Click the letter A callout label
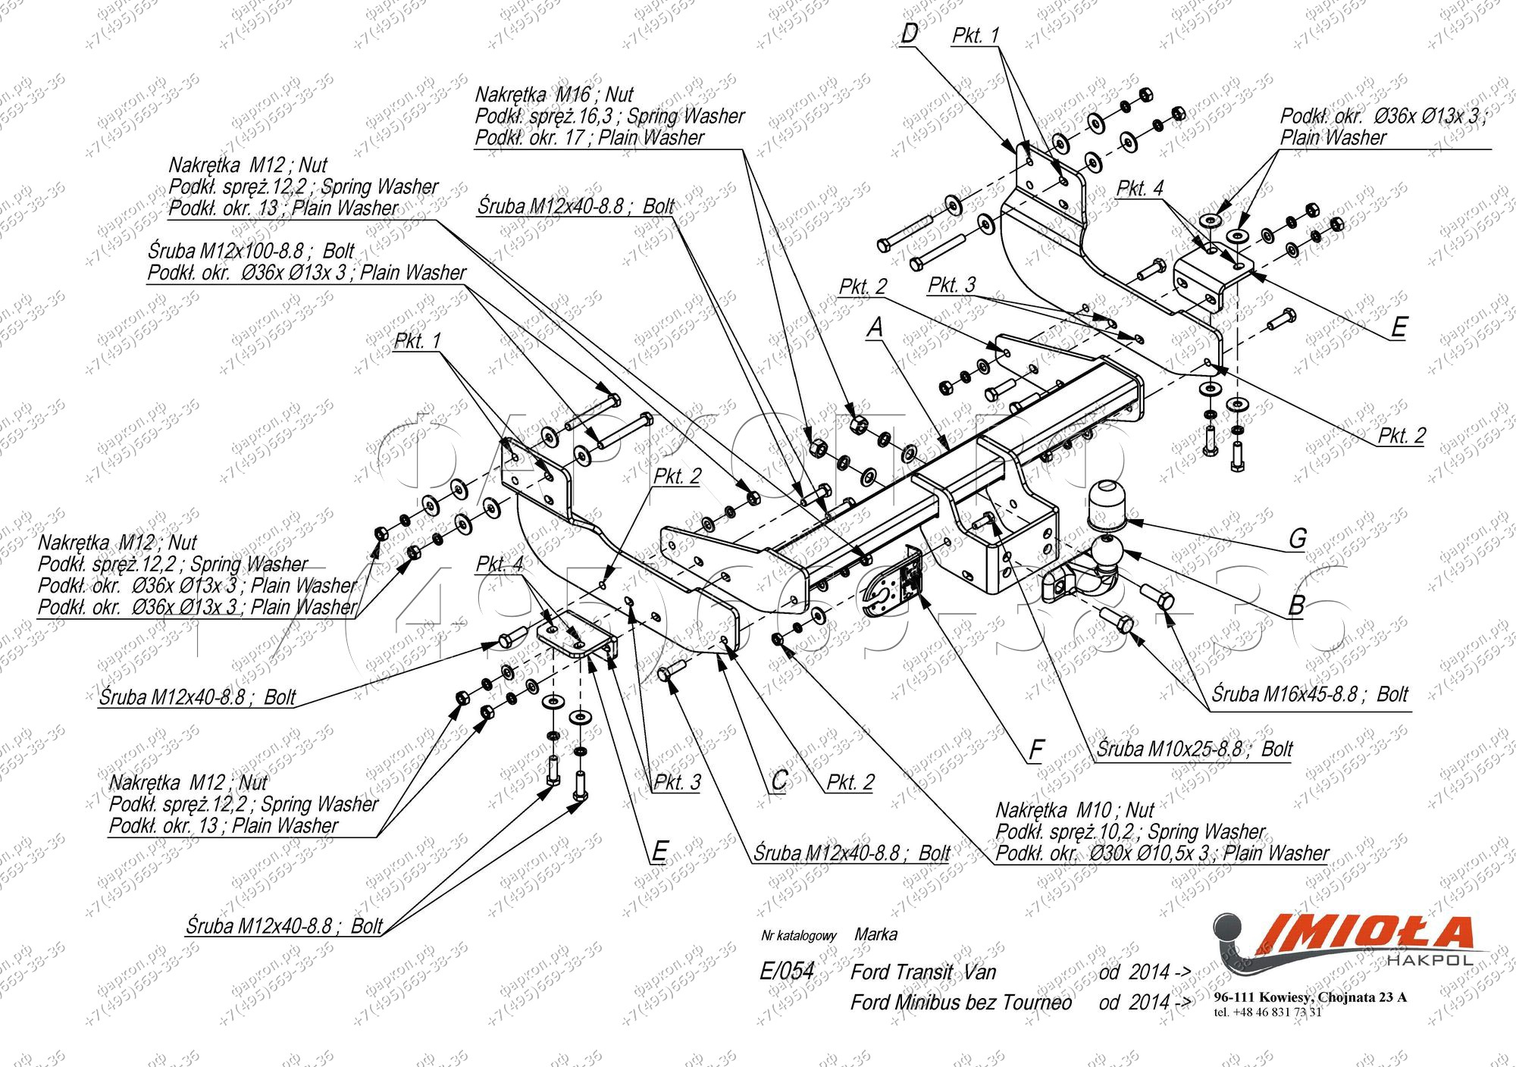coord(875,327)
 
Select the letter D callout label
coord(910,34)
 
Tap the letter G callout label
coord(1297,539)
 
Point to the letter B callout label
coord(1296,605)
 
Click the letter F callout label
coord(1035,750)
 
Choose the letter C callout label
coord(779,781)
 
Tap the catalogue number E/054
coord(786,972)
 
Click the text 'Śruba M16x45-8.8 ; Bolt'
coord(1309,695)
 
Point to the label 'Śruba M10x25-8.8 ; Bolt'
coord(1194,749)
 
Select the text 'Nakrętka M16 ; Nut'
coord(553,95)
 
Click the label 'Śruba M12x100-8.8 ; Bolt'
coord(250,251)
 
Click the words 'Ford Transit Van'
coord(922,972)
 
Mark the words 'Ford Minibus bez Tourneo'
coord(960,1003)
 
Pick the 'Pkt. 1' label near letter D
coord(976,36)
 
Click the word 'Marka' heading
coord(875,934)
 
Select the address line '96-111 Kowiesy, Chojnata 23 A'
coord(1310,997)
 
